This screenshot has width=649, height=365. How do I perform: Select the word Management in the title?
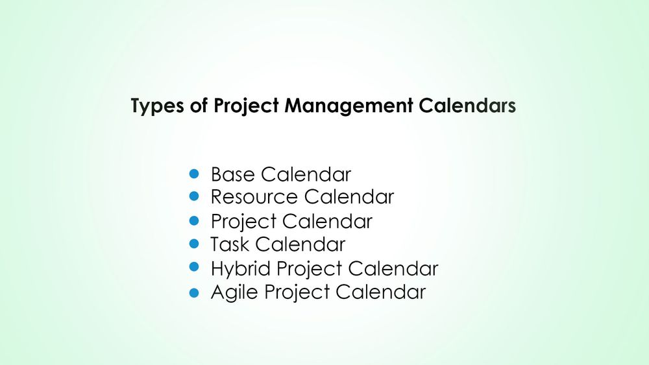coord(348,106)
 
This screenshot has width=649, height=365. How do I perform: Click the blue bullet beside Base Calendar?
coord(193,174)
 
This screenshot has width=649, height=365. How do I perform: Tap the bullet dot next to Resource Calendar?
coord(193,195)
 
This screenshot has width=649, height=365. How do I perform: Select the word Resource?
coord(254,196)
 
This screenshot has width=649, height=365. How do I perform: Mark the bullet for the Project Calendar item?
coord(193,220)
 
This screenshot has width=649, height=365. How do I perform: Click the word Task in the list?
coord(230,244)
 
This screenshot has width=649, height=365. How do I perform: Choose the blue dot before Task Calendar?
coord(193,244)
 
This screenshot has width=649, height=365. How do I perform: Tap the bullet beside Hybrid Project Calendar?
coord(193,266)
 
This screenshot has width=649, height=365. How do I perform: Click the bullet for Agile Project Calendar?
coord(193,292)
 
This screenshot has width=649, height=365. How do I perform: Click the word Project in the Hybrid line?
coord(308,268)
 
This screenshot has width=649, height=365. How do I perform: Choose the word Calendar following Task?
coord(300,244)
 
